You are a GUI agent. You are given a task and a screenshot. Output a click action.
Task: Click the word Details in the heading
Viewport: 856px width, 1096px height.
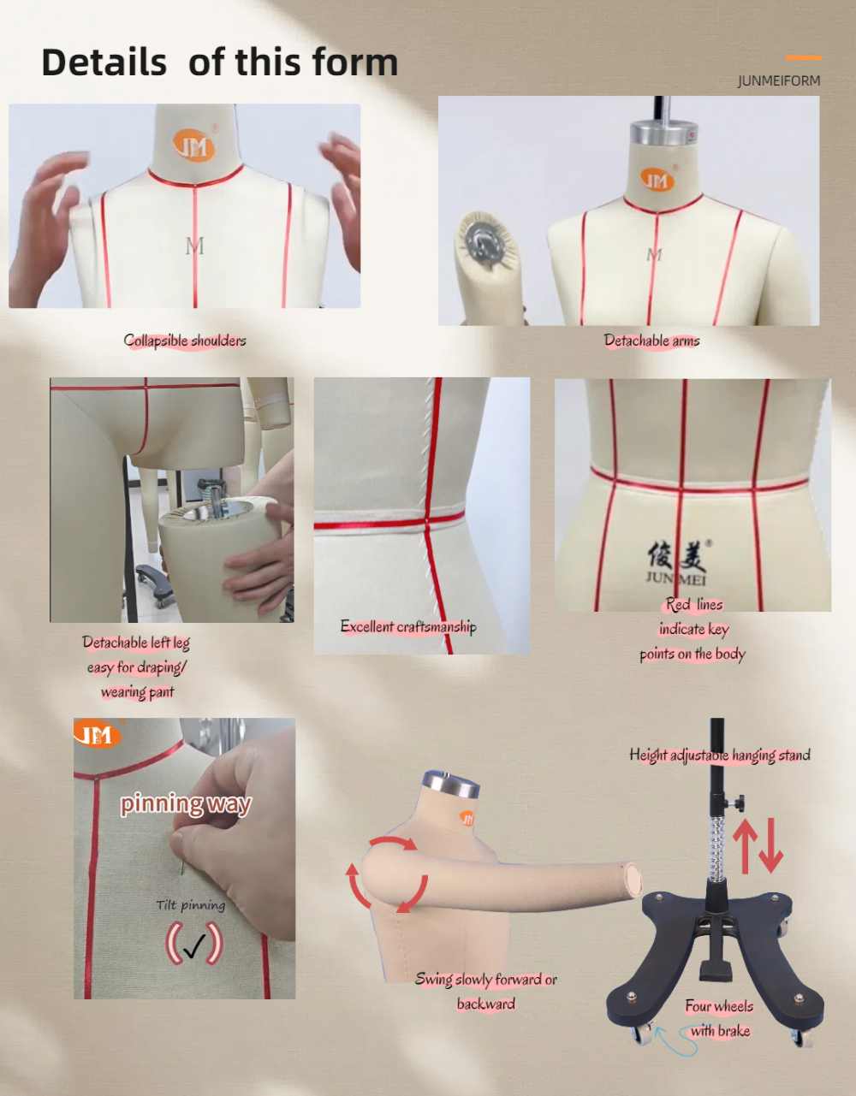click(x=104, y=62)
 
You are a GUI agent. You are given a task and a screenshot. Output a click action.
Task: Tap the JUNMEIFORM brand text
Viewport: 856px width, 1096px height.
click(x=779, y=80)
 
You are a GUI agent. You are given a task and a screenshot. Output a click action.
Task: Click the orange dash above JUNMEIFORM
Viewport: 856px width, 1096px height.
click(x=803, y=58)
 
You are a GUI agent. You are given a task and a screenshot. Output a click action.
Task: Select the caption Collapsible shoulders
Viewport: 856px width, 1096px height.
click(x=185, y=341)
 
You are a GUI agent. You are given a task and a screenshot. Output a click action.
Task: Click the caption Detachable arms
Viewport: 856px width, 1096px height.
click(x=651, y=341)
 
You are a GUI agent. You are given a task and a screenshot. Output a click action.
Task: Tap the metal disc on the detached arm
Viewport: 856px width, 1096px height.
click(x=484, y=240)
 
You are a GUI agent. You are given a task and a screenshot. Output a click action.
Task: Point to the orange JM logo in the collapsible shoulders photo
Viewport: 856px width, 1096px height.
click(x=193, y=145)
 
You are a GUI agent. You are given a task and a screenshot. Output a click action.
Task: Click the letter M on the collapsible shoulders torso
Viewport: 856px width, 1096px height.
click(x=194, y=246)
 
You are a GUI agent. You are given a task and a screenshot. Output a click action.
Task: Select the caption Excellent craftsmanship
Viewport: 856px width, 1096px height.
click(x=408, y=627)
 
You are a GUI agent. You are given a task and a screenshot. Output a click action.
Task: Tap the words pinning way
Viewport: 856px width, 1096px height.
click(x=186, y=803)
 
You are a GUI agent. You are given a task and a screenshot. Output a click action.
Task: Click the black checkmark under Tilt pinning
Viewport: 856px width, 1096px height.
click(x=194, y=945)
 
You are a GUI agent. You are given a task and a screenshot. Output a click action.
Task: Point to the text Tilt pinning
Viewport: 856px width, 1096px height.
click(x=191, y=905)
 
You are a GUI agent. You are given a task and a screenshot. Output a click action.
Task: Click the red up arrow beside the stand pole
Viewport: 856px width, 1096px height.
click(x=745, y=846)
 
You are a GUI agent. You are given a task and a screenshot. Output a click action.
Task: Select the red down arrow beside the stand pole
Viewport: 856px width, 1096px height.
click(x=771, y=846)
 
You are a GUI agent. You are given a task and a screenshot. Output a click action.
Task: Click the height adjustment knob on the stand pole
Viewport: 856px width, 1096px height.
click(x=737, y=803)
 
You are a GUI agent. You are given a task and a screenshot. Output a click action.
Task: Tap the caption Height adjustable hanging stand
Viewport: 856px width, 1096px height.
click(x=720, y=755)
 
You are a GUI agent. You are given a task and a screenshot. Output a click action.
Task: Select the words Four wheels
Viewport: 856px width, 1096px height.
click(x=719, y=1006)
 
